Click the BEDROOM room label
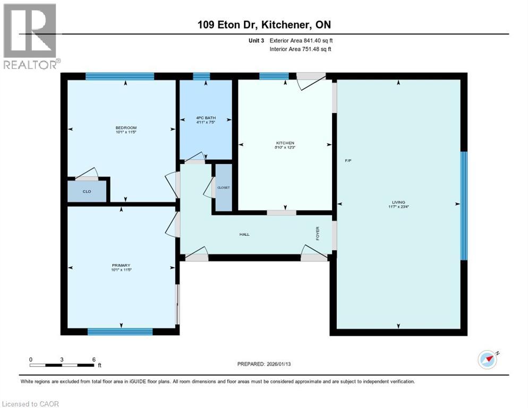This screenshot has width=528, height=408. click(x=126, y=127)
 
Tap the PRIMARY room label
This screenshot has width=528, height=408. click(x=121, y=265)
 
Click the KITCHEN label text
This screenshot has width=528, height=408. click(x=285, y=143)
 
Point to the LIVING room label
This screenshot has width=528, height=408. click(x=398, y=202)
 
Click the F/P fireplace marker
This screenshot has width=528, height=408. click(x=347, y=160)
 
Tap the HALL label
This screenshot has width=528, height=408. click(x=244, y=234)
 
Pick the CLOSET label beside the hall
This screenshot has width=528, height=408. click(x=223, y=188)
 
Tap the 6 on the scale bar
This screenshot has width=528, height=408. click(x=93, y=359)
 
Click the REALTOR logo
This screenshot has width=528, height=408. click(x=30, y=36)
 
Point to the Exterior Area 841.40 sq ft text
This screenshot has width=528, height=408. click(x=301, y=40)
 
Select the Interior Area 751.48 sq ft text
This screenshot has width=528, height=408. click(x=301, y=49)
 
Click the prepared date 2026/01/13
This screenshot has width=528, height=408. click(x=264, y=364)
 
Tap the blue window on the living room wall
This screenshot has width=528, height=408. click(x=463, y=206)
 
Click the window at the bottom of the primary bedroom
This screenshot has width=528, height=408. click(x=120, y=331)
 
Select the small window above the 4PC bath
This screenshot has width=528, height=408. click(x=201, y=76)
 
